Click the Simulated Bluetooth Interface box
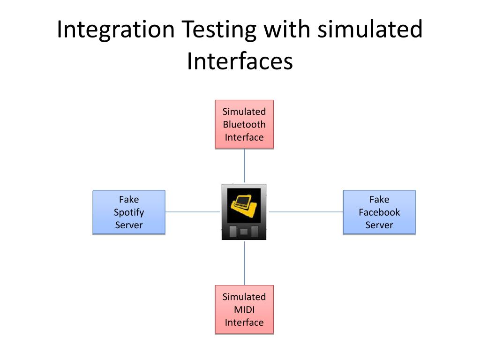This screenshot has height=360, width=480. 244,124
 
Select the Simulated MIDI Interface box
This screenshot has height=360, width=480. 244,309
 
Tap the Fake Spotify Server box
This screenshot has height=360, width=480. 129,212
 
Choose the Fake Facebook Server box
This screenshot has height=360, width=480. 379,212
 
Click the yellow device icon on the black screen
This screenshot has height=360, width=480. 244,205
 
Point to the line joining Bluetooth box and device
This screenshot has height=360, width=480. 244,166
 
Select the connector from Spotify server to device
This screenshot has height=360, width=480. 193,211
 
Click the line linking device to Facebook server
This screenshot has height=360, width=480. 306,211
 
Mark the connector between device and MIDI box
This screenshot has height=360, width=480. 244,263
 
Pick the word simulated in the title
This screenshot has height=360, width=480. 370,29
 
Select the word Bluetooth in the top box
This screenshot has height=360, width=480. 244,124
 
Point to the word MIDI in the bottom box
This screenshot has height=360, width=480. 244,309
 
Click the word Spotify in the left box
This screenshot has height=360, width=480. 129,212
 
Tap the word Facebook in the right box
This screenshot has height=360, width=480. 379,212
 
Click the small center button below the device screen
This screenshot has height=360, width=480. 244,232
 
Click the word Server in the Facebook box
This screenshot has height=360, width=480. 379,225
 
